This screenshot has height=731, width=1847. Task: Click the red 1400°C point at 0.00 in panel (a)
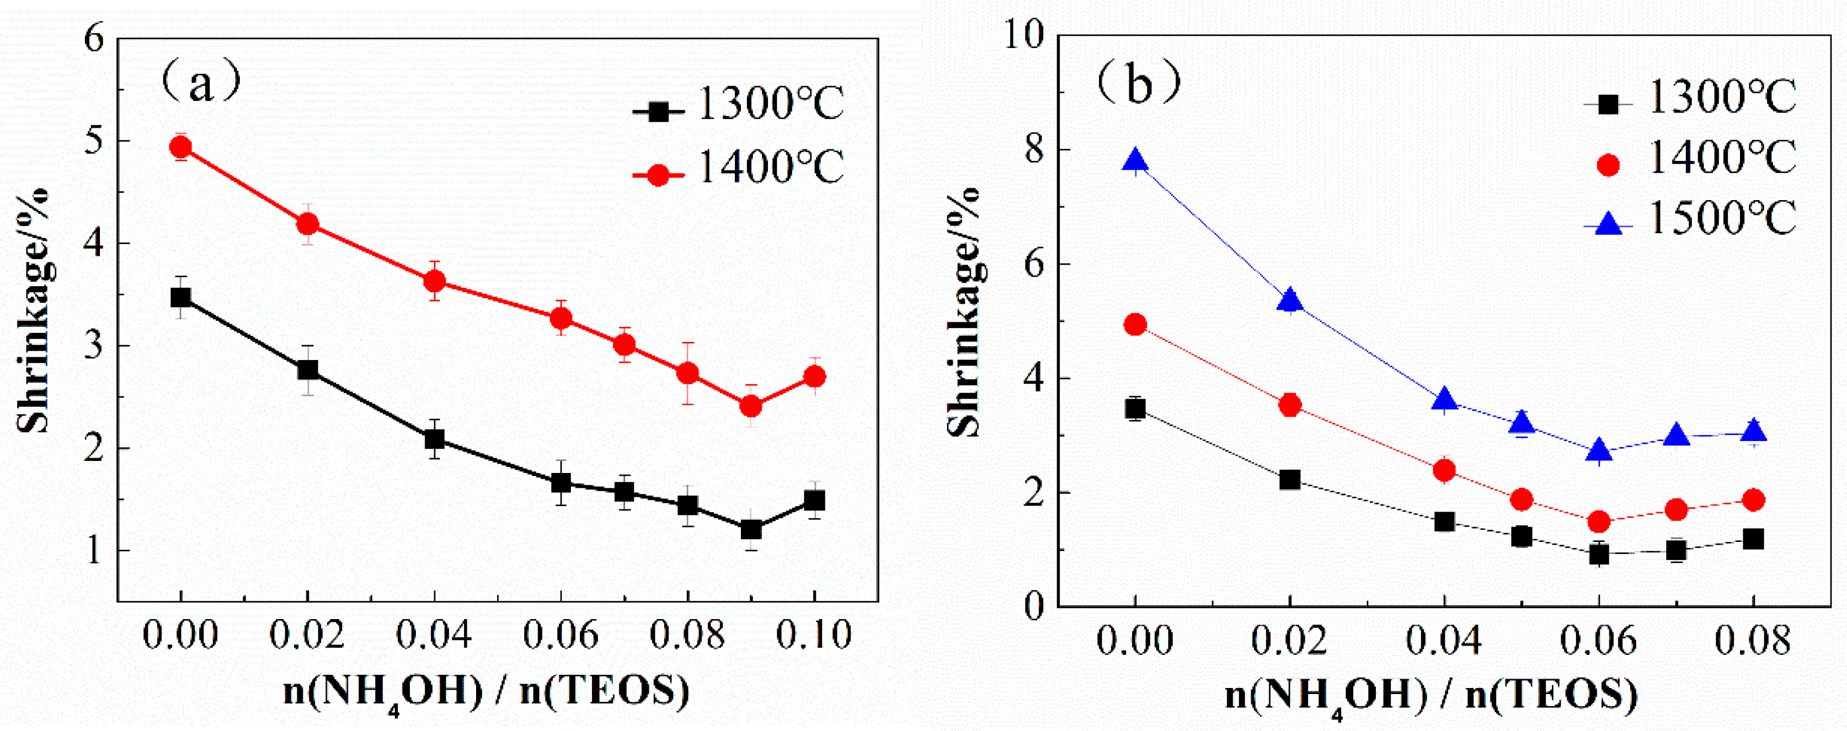181,147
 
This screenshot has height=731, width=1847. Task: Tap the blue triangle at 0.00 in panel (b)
1135,161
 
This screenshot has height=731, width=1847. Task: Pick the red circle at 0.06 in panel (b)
1599,521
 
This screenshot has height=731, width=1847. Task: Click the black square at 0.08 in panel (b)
1753,539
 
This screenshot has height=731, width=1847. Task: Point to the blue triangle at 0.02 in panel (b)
1290,301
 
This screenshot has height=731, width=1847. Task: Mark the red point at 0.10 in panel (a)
814,376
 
